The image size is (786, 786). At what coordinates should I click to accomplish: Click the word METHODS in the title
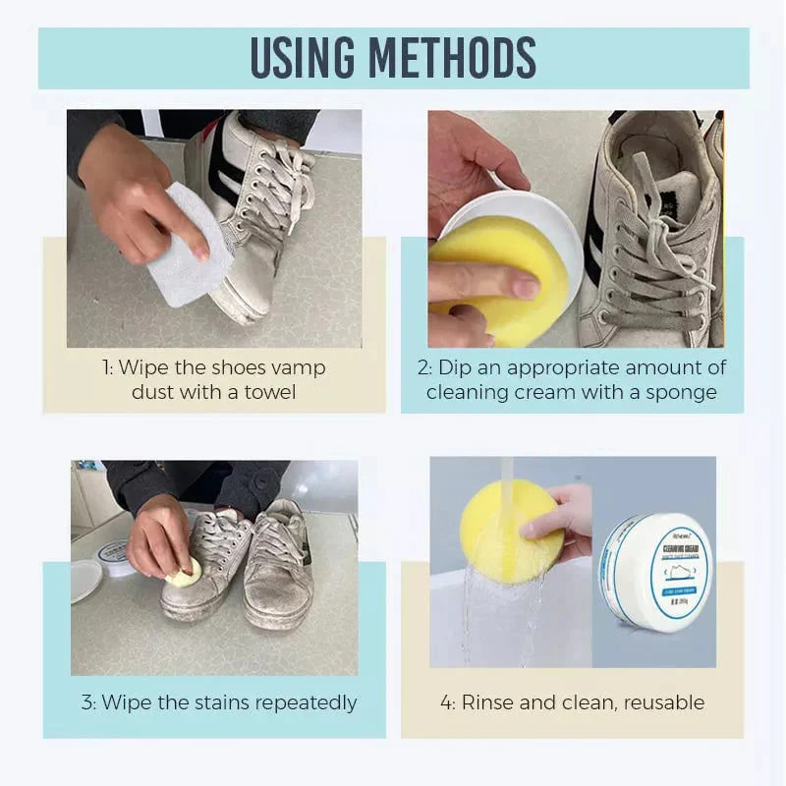point(462,59)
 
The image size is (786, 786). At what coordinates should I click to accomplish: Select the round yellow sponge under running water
point(511,531)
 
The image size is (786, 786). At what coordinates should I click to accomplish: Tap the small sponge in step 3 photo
point(185,573)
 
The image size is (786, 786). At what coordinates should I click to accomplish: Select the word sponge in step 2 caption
point(684,391)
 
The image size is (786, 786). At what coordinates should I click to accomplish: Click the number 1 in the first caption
point(105,367)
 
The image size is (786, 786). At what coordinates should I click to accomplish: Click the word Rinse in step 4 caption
point(488,702)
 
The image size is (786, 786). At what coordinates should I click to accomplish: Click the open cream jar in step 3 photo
point(116,556)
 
